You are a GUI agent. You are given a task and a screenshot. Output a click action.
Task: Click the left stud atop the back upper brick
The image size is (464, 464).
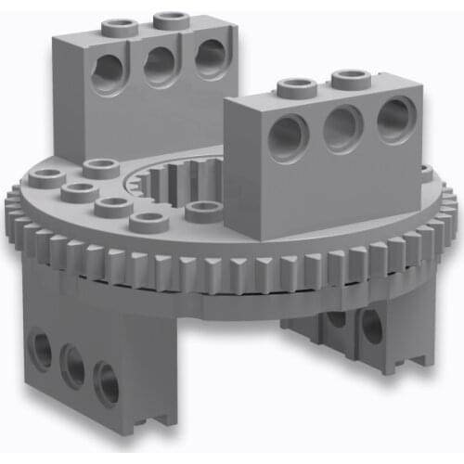119,25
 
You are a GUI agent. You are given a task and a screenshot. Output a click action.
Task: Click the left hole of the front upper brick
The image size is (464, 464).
286,135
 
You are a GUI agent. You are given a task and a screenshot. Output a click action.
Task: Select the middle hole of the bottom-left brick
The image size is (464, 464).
72,365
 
